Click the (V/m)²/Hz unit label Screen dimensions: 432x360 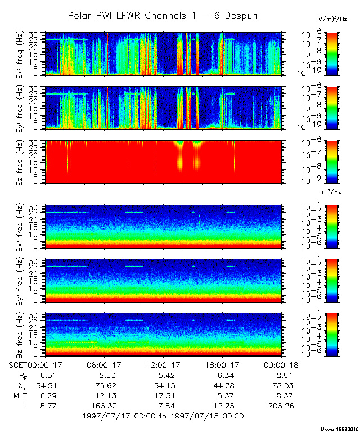click(332, 19)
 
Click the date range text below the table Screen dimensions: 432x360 click(163, 416)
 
